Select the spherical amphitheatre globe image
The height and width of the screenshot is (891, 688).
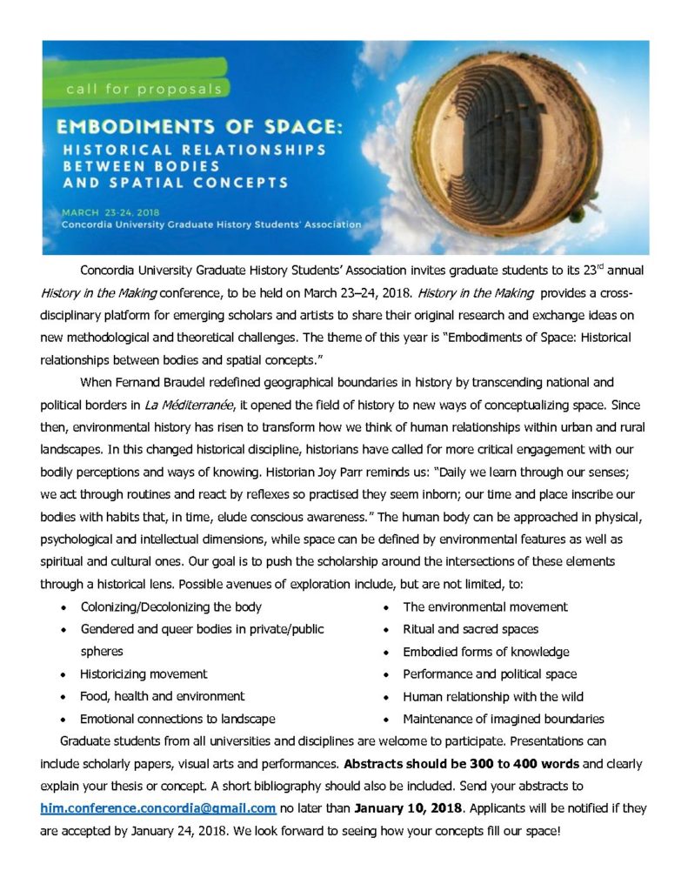coord(539,146)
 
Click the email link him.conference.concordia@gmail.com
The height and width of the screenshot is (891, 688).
coord(158,807)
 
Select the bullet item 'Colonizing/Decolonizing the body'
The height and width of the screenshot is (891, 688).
coord(170,606)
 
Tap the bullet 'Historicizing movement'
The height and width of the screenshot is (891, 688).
coord(144,673)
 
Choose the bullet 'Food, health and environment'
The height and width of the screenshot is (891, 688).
coord(162,696)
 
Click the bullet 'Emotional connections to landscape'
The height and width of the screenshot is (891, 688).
coord(177,719)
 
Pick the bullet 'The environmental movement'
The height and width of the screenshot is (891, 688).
coord(484,606)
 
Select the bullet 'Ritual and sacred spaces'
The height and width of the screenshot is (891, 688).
coord(471,628)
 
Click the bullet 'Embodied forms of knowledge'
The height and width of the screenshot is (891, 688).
coord(485,651)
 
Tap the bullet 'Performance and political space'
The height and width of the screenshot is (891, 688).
coord(490,673)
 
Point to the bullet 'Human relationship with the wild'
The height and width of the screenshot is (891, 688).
coord(492,696)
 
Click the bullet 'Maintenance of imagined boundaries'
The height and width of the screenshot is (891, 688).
coord(503,719)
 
